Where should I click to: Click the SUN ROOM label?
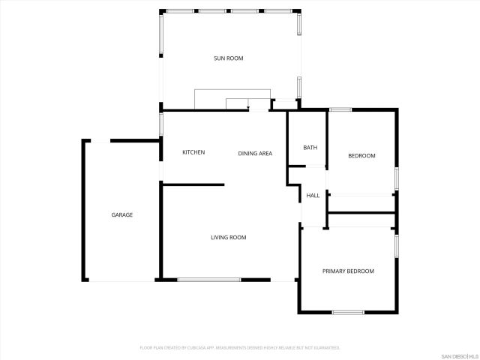click(229, 58)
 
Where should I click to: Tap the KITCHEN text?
click(193, 153)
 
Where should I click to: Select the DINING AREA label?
click(255, 154)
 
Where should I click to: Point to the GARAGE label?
click(122, 215)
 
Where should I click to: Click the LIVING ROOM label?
click(228, 238)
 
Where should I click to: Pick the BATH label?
click(310, 148)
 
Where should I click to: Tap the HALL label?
click(313, 196)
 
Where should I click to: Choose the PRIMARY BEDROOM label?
click(348, 271)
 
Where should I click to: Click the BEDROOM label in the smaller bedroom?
click(361, 156)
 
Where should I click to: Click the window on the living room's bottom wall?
click(209, 280)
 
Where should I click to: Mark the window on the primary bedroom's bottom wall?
click(348, 312)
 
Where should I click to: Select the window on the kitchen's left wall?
click(161, 124)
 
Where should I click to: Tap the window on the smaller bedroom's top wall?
click(340, 110)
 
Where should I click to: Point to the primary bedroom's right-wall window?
click(396, 245)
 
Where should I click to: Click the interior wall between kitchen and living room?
click(193, 184)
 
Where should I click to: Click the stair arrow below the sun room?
click(247, 109)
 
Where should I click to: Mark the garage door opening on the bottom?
click(120, 280)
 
